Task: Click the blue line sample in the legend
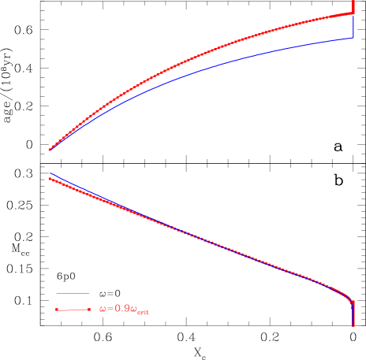(x=73, y=294)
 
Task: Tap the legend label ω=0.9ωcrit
(x=125, y=310)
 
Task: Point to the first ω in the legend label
(x=103, y=310)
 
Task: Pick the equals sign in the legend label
(x=111, y=310)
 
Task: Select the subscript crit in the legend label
(x=143, y=313)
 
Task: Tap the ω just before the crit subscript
(x=133, y=310)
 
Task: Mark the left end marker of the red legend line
(x=58, y=310)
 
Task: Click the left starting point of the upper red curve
(x=50, y=149)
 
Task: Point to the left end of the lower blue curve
(x=50, y=173)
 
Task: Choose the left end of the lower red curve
(x=50, y=179)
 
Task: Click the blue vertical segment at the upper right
(x=353, y=27)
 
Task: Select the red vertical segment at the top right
(x=353, y=8)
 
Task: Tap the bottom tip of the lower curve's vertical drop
(x=353, y=325)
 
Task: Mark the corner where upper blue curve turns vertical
(x=353, y=38)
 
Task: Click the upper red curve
(x=197, y=55)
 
